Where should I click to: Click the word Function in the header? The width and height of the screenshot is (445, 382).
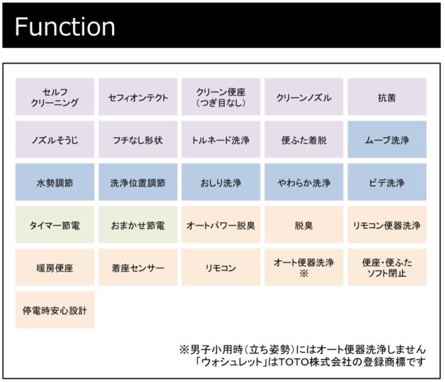(64, 27)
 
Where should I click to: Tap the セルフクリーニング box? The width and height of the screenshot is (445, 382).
(55, 97)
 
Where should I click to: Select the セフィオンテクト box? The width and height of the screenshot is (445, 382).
(138, 97)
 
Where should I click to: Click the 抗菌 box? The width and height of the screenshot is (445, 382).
(387, 97)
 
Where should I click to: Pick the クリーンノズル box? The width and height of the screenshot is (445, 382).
(304, 97)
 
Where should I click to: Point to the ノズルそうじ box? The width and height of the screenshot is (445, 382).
(55, 139)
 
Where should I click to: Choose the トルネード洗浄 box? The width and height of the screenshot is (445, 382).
(221, 139)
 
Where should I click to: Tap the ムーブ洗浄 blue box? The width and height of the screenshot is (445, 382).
(387, 139)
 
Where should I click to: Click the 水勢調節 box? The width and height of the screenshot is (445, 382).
(55, 182)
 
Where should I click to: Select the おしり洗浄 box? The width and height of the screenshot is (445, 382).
(221, 182)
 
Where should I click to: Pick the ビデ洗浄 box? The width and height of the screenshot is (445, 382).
(387, 182)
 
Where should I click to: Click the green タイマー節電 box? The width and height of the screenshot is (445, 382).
(55, 225)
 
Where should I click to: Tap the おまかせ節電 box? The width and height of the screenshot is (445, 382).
(138, 225)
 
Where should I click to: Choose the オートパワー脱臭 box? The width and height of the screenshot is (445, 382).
(221, 225)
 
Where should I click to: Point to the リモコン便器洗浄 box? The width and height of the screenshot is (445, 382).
(387, 225)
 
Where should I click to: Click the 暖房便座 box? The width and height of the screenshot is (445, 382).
(55, 267)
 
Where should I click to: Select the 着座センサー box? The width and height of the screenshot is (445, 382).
(138, 267)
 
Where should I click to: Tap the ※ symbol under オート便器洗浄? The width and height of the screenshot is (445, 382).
(304, 273)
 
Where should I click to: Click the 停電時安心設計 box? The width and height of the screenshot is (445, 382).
(55, 310)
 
